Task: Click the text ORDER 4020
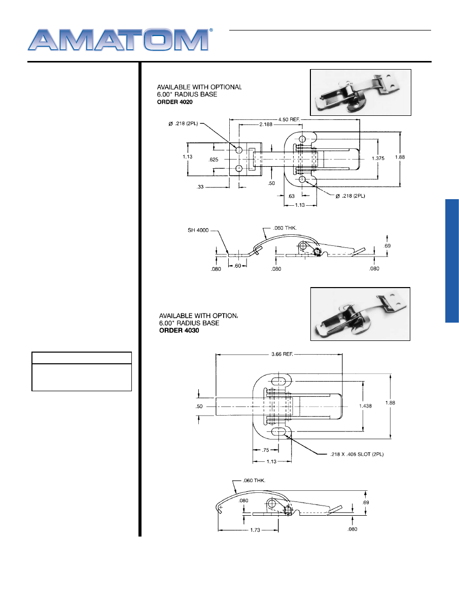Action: coord(175,102)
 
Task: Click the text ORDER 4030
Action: coord(179,330)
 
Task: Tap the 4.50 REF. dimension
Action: coord(289,119)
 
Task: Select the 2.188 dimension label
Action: coord(266,124)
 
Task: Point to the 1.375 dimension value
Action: coord(378,159)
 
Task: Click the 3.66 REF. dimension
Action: coord(282,354)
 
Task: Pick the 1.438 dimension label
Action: coord(366,406)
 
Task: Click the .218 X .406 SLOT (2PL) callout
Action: coord(357,454)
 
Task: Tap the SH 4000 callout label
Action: coord(198,230)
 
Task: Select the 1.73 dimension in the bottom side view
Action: coord(255,530)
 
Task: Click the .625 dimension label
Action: coord(214,160)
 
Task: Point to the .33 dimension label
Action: coord(200,187)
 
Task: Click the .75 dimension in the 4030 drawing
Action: coord(265,450)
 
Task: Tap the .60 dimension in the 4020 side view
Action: coord(237,266)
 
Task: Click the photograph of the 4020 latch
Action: coord(361,92)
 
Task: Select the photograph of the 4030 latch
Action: coord(360,314)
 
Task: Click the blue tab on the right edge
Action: coord(452,261)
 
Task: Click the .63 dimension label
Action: coord(292,197)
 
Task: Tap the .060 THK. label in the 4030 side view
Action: coord(254,481)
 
